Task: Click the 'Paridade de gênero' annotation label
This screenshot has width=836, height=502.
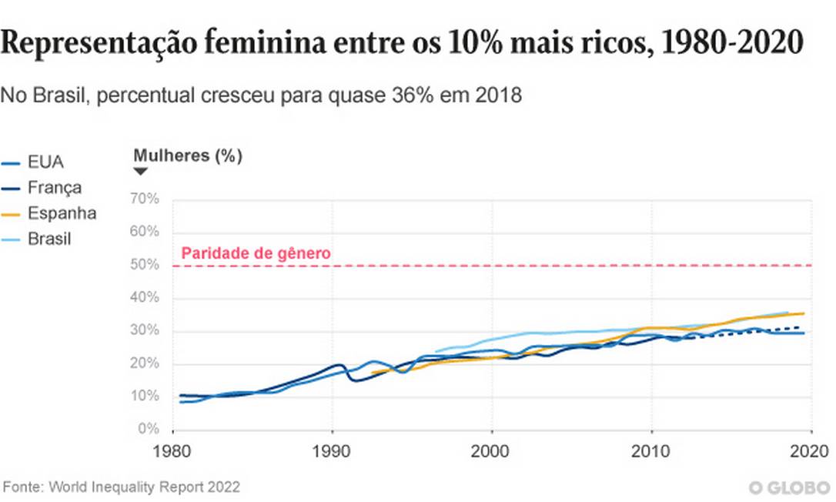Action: pos(256,253)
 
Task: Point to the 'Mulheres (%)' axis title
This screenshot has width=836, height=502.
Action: pos(188,156)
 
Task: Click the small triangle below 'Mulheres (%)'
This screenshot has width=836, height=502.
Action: pos(140,172)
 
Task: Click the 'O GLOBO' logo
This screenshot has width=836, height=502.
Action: pos(790,487)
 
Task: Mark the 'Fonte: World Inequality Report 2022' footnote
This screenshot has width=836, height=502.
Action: pos(122,487)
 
